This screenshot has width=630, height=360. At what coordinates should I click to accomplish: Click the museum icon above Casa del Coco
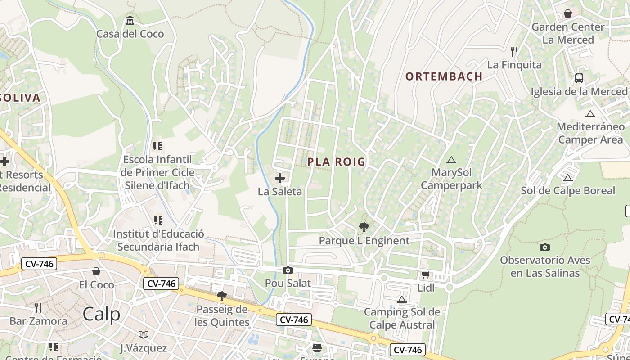click(x=130, y=21)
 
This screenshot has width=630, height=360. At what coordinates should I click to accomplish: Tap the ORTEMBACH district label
click(x=444, y=76)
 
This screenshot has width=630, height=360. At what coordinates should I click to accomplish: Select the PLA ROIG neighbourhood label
click(x=336, y=162)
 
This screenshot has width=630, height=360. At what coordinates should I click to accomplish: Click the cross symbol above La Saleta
click(x=280, y=178)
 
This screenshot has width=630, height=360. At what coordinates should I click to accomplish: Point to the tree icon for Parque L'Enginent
click(x=364, y=227)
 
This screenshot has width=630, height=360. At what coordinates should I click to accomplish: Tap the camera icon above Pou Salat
click(x=288, y=270)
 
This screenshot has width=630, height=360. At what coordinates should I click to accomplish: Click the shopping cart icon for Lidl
click(x=425, y=274)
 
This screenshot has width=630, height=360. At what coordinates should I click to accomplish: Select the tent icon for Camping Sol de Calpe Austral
click(x=402, y=299)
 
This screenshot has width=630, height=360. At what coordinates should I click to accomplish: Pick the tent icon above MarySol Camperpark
click(x=451, y=160)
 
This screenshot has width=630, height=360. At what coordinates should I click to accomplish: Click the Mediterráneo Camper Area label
click(x=590, y=133)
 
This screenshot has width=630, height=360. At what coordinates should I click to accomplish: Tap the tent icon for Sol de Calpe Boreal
click(x=567, y=178)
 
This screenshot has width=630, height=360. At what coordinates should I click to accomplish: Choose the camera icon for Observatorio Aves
click(x=544, y=247)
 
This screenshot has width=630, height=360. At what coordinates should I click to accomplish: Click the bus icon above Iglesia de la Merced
click(x=579, y=78)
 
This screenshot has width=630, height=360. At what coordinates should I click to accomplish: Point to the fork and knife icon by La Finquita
click(x=514, y=51)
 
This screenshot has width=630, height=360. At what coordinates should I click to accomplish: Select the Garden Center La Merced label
click(x=568, y=33)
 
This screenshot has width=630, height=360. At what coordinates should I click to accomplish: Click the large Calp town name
click(x=102, y=314)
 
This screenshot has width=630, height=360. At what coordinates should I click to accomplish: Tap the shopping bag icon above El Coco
click(x=96, y=271)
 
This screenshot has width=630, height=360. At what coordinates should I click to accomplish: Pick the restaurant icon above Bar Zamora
click(x=38, y=308)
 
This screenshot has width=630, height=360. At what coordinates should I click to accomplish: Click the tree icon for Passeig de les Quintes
click(x=221, y=296)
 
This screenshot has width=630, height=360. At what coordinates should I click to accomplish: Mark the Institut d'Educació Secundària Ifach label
click(x=158, y=240)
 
